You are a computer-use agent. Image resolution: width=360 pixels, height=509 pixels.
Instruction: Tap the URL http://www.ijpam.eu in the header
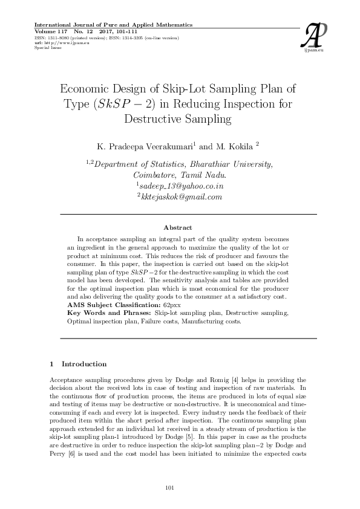coord(61,43)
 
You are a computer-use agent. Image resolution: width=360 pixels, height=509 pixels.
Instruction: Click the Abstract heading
coord(178,227)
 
